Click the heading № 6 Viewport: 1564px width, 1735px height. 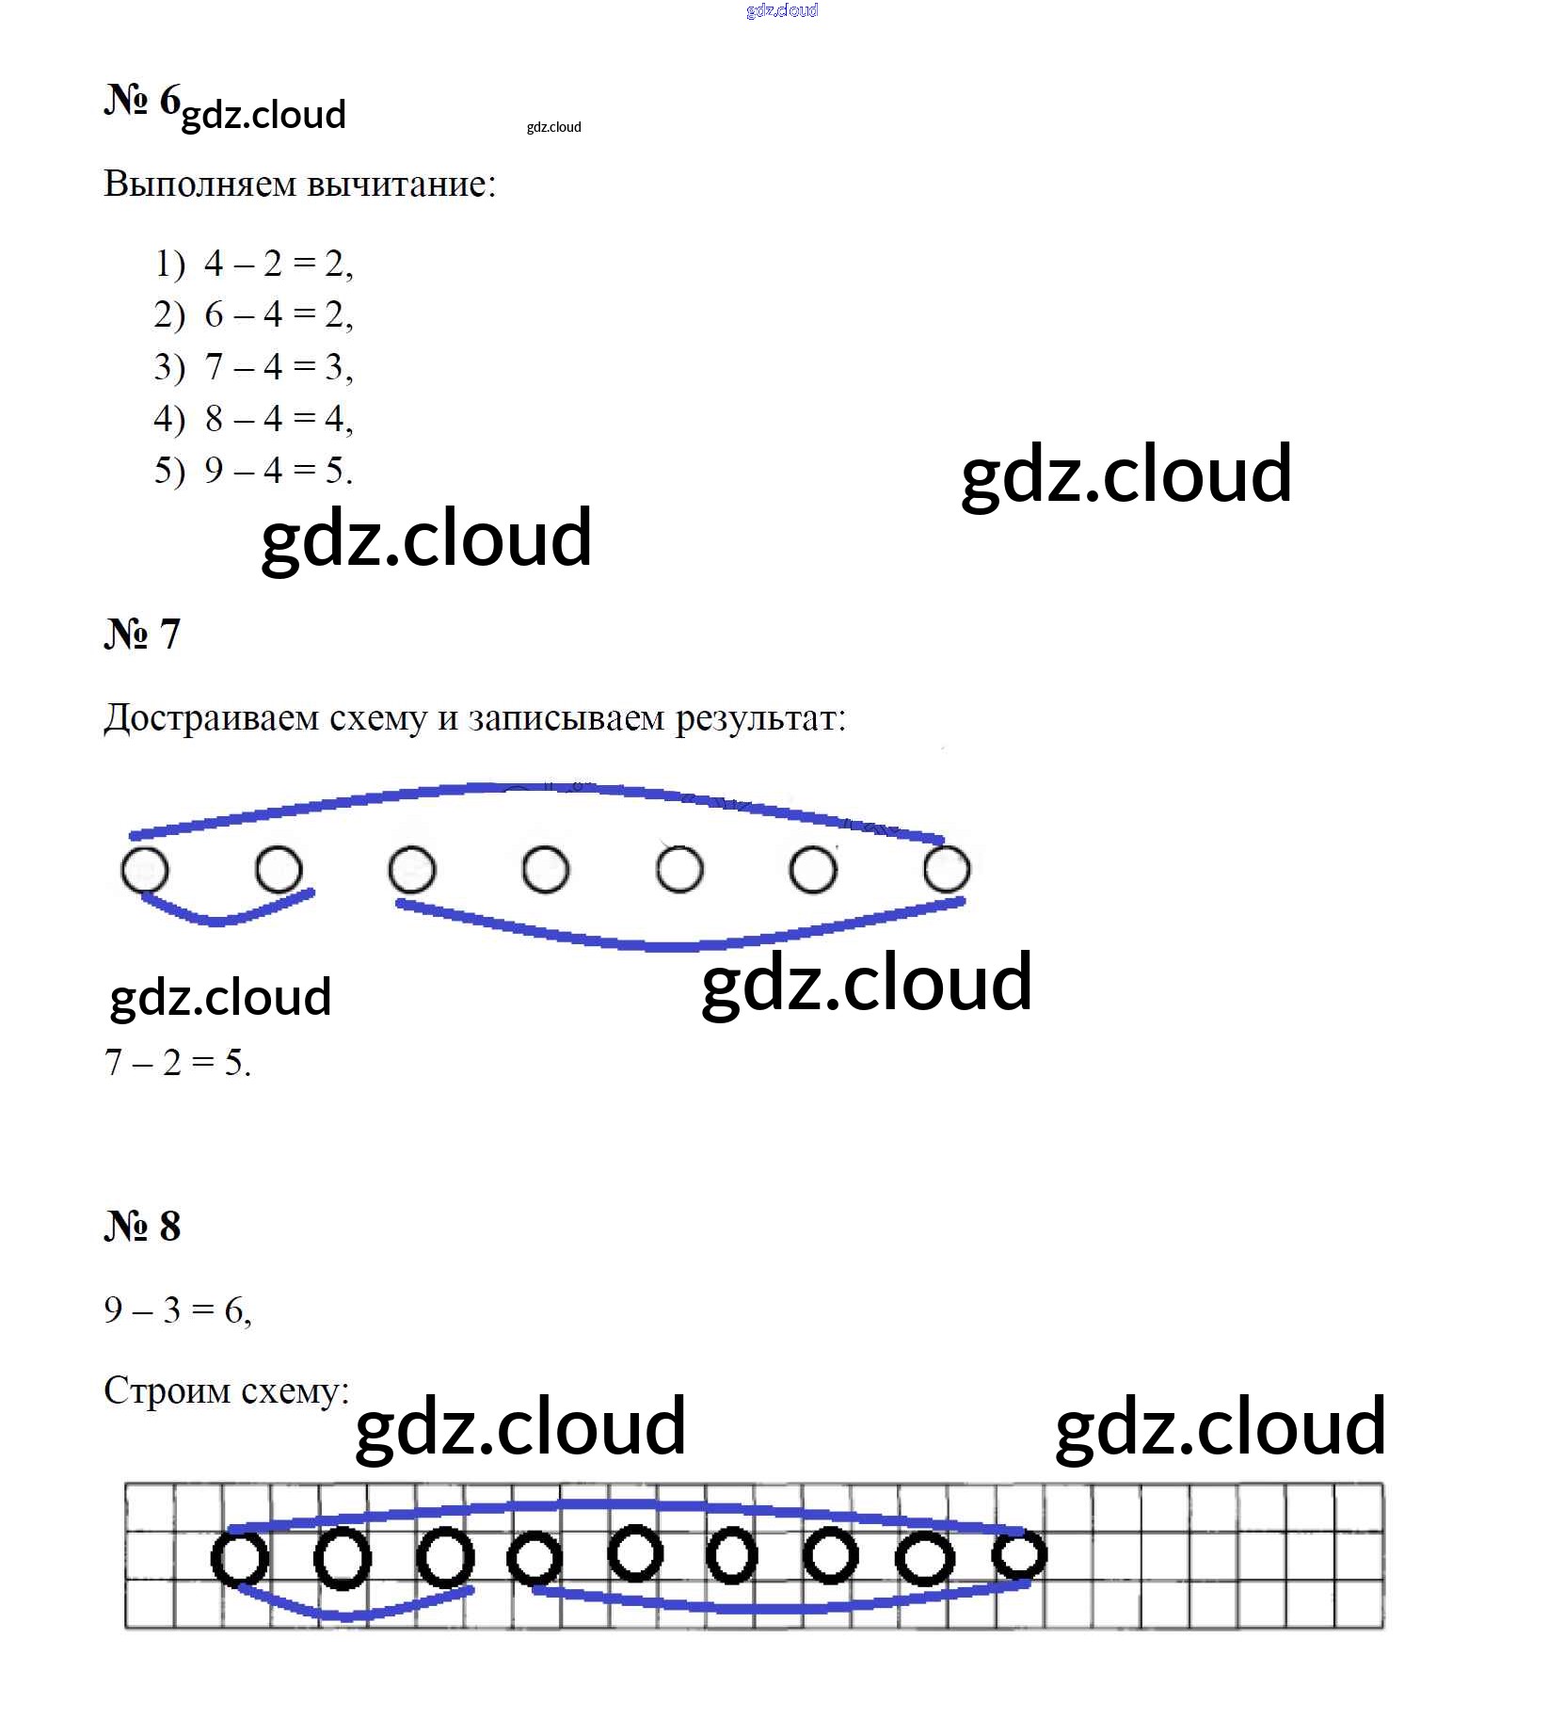142,100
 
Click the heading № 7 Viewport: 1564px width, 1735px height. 142,635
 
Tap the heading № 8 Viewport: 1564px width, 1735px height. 142,1227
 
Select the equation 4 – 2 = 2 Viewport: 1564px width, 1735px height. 278,264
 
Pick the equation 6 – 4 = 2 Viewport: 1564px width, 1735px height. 278,314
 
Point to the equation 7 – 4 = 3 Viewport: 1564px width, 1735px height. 278,366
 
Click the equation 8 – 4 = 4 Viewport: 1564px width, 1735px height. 278,418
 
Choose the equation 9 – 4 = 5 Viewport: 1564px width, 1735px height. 278,470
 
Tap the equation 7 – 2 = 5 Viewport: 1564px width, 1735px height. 177,1063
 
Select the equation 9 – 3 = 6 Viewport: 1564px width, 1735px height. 178,1309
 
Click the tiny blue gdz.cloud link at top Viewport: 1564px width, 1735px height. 782,10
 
